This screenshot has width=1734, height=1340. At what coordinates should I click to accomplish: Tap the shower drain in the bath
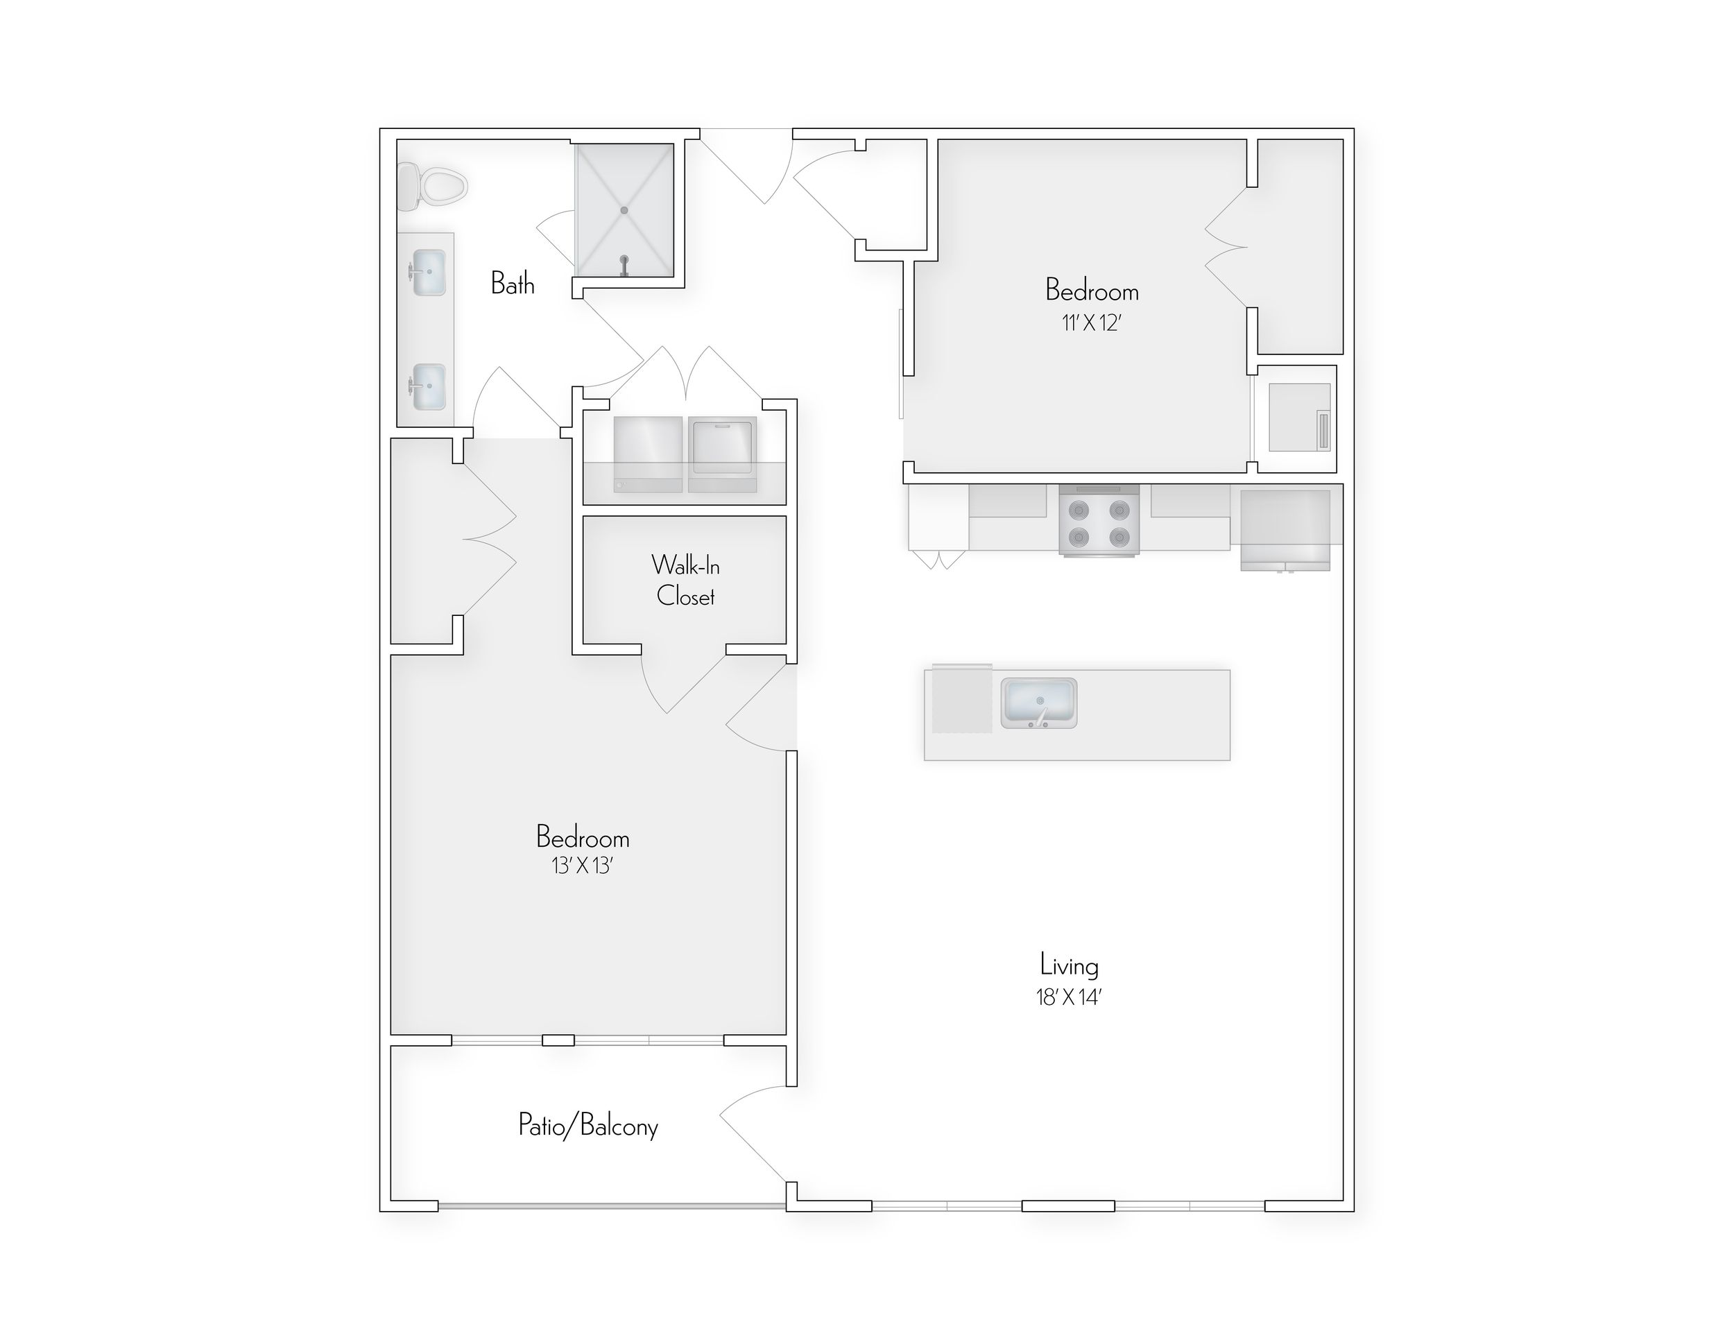(624, 210)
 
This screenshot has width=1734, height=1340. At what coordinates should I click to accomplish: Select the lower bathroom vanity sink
(429, 386)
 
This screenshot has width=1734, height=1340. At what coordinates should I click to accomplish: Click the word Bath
(512, 284)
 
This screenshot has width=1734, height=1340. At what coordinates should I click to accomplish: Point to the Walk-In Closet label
(685, 581)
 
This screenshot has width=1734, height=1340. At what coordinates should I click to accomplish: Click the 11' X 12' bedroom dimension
(1092, 324)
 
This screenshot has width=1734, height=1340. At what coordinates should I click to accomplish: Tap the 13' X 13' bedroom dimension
(583, 866)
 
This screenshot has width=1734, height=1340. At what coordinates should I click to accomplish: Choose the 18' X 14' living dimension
(1069, 998)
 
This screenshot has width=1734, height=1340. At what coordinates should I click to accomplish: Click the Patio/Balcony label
(588, 1126)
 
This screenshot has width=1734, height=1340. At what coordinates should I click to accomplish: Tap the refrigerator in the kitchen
(1285, 528)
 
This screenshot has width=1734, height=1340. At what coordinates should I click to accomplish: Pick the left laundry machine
(648, 454)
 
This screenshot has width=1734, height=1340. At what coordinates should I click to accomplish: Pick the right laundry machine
(723, 454)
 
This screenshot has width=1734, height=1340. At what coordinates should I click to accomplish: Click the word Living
(1070, 966)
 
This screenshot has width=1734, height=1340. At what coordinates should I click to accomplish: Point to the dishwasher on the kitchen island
(961, 698)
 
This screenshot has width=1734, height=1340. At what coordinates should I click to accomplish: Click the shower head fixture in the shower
(624, 264)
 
